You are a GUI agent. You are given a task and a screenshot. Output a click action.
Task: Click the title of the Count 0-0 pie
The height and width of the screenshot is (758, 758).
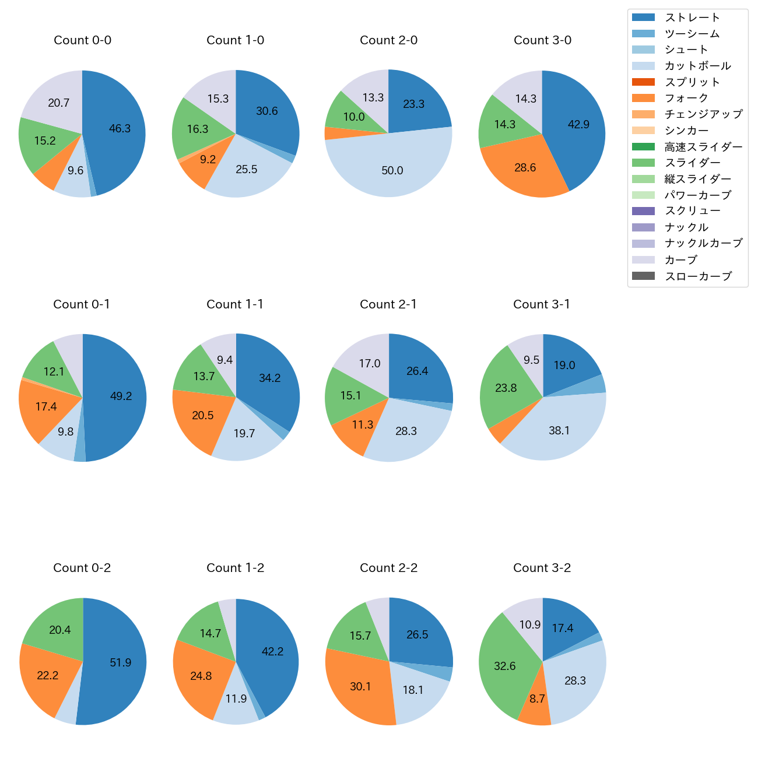click(x=82, y=40)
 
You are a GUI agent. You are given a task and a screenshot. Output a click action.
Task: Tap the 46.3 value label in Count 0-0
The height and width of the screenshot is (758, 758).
click(x=120, y=129)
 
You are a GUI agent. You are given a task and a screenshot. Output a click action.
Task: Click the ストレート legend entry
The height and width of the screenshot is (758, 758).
click(x=692, y=17)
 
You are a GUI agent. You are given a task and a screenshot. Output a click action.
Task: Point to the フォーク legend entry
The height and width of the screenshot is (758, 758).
click(x=686, y=98)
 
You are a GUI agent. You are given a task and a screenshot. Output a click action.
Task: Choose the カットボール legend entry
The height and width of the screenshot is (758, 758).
click(x=697, y=66)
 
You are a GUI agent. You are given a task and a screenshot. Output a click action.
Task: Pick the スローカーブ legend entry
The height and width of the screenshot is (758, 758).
click(x=698, y=276)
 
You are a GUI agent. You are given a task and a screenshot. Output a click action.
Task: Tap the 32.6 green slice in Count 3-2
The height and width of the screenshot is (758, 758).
click(x=505, y=666)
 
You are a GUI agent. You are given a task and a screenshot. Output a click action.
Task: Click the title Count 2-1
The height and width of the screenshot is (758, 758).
click(x=388, y=304)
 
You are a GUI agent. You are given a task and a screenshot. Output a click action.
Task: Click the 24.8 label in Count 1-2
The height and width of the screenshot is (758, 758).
click(x=201, y=676)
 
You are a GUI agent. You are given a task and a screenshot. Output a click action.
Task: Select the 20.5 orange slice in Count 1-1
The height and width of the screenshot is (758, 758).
click(x=203, y=416)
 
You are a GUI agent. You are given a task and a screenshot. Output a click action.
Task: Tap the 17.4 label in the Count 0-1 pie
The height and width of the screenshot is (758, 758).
click(x=46, y=406)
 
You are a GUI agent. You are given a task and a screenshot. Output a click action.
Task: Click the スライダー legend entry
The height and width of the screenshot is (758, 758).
click(x=692, y=163)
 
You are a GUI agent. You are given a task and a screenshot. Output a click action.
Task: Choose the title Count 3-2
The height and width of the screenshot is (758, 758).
click(x=542, y=568)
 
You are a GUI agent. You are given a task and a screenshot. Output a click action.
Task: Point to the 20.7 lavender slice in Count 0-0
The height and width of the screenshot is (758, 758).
click(x=58, y=103)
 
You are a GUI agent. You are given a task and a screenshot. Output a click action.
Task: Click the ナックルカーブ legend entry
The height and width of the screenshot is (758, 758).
click(x=703, y=244)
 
